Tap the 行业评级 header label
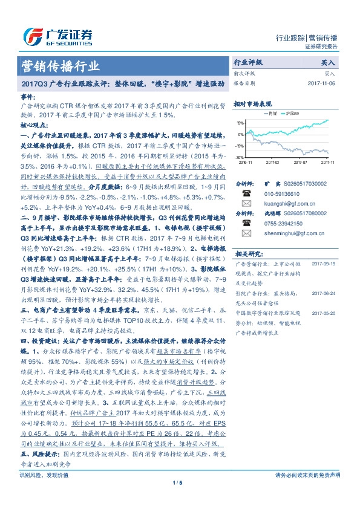coord(248,63)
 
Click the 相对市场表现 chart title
coord(254,105)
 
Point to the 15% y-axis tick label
coord(240,124)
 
